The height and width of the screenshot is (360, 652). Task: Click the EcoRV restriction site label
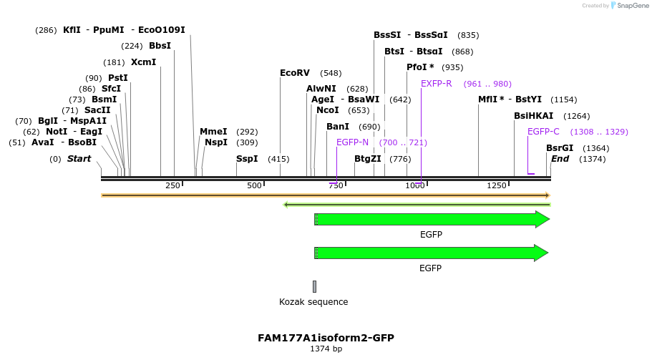(295, 73)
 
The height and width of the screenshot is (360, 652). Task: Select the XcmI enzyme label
(143, 62)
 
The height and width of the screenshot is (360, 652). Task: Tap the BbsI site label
(160, 46)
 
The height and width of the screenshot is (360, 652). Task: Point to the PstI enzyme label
(118, 78)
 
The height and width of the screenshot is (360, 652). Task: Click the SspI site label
(247, 159)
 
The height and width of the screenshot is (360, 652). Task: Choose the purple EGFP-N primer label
(352, 142)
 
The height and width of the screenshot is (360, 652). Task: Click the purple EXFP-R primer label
(437, 84)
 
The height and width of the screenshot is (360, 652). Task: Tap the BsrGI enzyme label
(560, 148)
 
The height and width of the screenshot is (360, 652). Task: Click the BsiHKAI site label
(534, 116)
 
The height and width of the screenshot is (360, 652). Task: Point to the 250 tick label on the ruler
(172, 186)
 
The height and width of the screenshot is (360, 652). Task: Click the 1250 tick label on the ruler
(497, 186)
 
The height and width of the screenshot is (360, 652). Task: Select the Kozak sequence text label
(313, 302)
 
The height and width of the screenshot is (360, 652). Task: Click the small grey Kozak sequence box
(314, 286)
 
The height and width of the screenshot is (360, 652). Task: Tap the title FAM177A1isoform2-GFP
(326, 338)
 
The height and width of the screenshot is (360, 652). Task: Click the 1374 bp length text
(326, 349)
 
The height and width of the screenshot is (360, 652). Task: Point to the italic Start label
(79, 159)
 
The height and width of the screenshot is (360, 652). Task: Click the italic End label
(560, 159)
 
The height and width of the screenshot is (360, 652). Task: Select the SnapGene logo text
(628, 6)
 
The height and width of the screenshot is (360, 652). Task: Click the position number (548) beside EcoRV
(331, 73)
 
